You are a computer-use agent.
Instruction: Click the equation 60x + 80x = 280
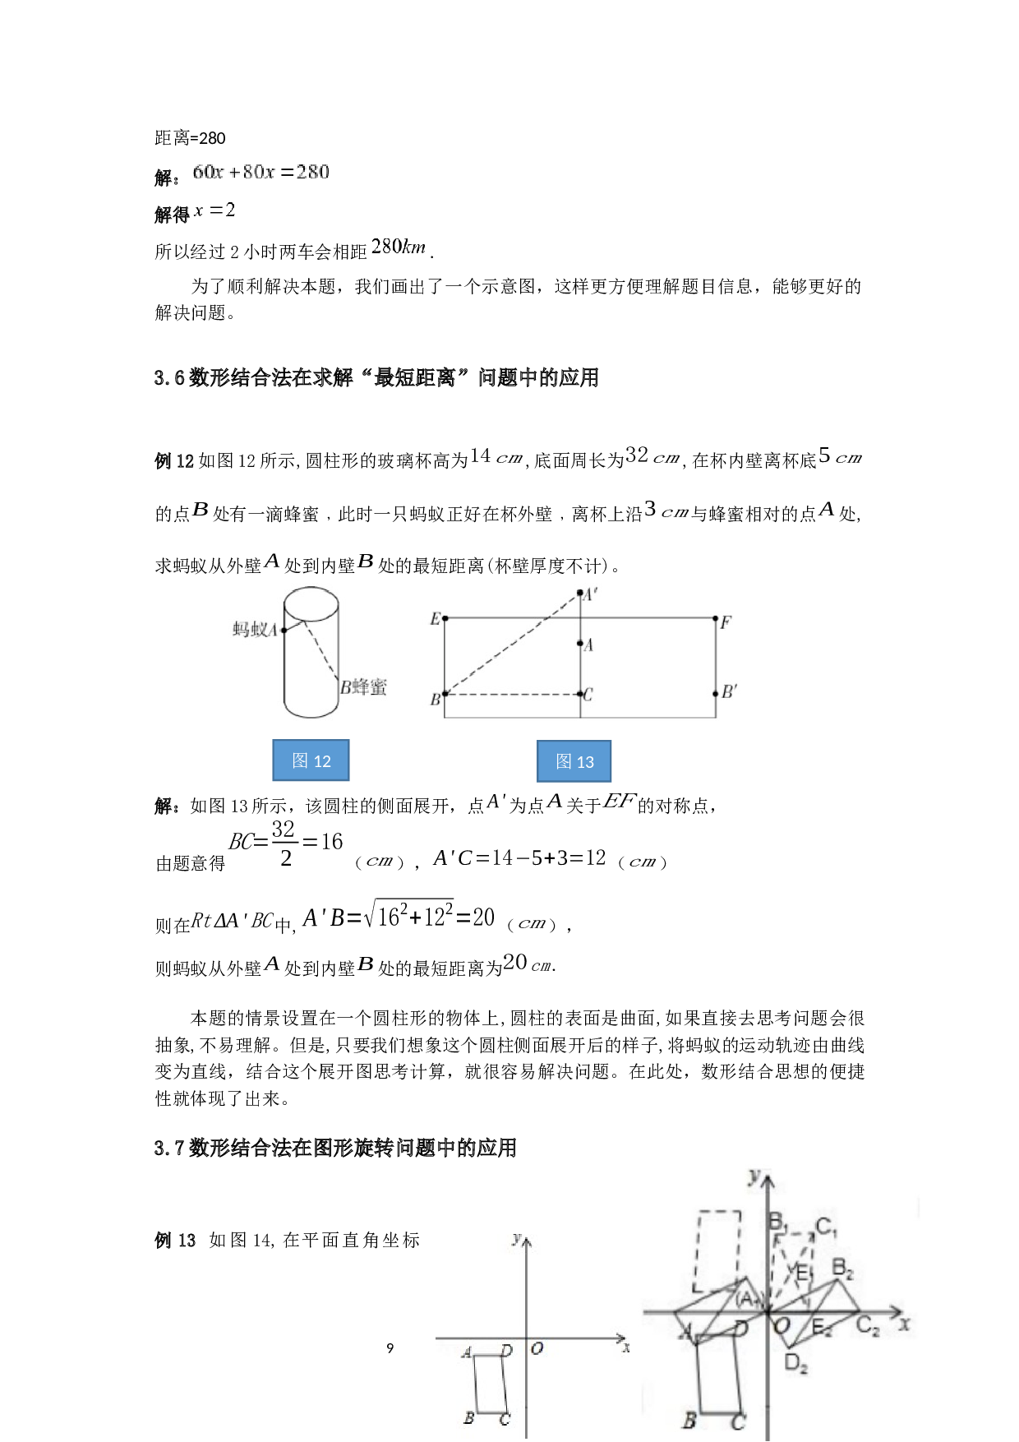[260, 172]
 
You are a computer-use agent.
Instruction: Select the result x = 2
[214, 210]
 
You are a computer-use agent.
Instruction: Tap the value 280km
[399, 246]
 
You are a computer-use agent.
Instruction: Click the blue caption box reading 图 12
[311, 760]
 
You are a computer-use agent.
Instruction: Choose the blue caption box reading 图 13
[574, 761]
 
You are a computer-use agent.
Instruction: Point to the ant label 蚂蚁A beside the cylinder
[255, 630]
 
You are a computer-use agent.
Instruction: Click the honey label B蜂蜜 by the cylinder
[364, 687]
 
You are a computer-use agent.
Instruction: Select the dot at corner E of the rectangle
[445, 618]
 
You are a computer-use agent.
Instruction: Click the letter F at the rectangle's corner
[726, 622]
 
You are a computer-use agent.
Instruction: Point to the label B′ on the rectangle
[729, 692]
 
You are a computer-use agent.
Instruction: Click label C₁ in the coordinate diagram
[826, 1228]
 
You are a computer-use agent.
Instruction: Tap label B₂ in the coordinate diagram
[843, 1269]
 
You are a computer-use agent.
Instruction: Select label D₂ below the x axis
[795, 1363]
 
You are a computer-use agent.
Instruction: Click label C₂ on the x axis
[868, 1325]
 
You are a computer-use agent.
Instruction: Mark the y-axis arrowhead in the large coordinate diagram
[768, 1181]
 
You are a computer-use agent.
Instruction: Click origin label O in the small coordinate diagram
[537, 1348]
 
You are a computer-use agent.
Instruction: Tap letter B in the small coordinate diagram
[468, 1417]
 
